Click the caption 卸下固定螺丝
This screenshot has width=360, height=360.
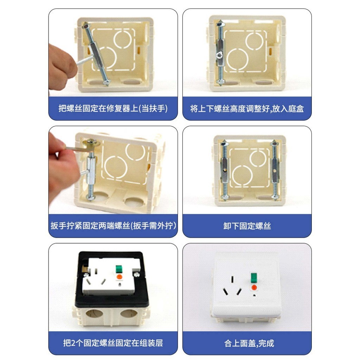(x=247, y=226)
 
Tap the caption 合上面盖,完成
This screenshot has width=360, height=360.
(x=249, y=343)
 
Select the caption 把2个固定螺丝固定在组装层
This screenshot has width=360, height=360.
(x=113, y=343)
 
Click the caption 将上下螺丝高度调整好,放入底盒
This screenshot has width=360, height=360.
(x=247, y=109)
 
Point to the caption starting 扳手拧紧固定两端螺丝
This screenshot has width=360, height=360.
(x=113, y=226)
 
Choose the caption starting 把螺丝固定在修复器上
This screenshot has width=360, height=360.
(x=113, y=108)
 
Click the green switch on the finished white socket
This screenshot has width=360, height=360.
(x=253, y=277)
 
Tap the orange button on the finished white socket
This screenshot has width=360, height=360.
(x=254, y=288)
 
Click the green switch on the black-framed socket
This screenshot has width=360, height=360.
(x=119, y=269)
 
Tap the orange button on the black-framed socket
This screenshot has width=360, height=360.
(x=119, y=277)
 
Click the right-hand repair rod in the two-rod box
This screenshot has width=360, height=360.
(x=275, y=170)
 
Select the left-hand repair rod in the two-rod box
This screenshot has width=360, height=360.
(x=224, y=171)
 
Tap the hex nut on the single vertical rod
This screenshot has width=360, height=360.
(x=220, y=54)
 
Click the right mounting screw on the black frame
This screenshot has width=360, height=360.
(x=136, y=274)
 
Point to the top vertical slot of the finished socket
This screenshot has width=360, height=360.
(x=232, y=279)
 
